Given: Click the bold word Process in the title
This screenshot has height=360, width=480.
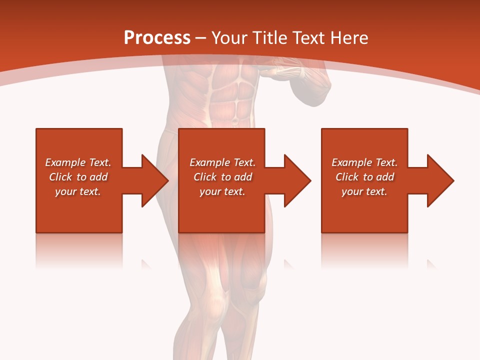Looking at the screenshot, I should pyautogui.click(x=157, y=38).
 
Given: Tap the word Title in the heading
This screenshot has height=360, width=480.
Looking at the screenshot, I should pyautogui.click(x=269, y=38).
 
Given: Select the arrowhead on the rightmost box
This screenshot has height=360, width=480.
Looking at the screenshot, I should pyautogui.click(x=439, y=180).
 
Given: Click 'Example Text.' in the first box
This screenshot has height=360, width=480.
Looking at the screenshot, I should pyautogui.click(x=78, y=162).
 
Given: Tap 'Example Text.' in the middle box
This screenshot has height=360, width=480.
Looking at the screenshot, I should pyautogui.click(x=222, y=162).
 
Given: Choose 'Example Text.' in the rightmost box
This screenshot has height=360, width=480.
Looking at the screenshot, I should pyautogui.click(x=364, y=162).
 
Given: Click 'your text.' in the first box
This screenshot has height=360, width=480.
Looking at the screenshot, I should pyautogui.click(x=78, y=191).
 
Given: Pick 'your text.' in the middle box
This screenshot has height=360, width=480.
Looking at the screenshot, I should pyautogui.click(x=222, y=191).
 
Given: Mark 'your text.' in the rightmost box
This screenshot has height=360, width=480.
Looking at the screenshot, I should pyautogui.click(x=364, y=191).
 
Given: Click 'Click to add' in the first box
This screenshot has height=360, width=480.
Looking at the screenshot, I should pyautogui.click(x=78, y=177).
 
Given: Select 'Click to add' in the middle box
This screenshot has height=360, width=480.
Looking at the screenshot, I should pyautogui.click(x=222, y=177).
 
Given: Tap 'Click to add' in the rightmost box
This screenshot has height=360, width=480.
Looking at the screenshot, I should pyautogui.click(x=364, y=177).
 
